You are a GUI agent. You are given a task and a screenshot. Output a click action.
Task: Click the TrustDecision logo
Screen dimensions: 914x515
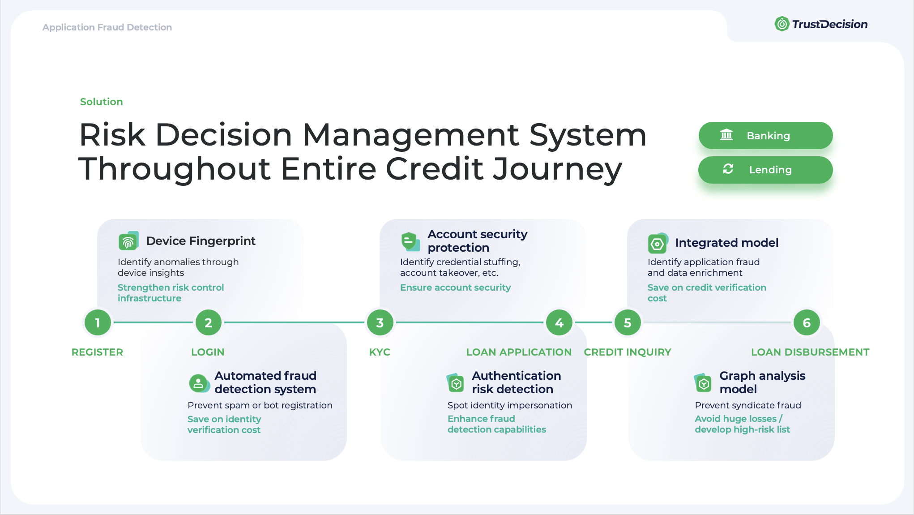[x=821, y=24]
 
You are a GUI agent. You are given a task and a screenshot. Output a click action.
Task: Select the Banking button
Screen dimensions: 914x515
[x=765, y=135]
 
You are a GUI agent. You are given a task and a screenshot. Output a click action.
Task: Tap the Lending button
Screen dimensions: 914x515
[x=765, y=170]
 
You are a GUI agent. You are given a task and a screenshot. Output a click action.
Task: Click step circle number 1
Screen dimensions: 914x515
[x=98, y=322]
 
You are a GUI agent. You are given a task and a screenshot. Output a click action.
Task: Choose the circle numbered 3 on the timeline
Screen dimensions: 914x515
[x=380, y=322]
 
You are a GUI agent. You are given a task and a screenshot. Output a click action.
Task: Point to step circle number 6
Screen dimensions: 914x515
[x=807, y=322]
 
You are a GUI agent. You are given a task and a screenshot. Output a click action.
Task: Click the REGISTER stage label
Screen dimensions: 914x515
[x=97, y=352]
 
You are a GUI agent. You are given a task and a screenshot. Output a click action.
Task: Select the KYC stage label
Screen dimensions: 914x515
[x=380, y=352]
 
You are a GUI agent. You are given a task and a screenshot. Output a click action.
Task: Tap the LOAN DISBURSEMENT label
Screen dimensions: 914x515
[x=810, y=352]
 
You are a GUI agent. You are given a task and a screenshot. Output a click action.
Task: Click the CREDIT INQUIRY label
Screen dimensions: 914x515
[x=628, y=352]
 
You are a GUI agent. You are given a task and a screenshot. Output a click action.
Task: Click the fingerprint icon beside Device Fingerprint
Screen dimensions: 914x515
[x=128, y=241]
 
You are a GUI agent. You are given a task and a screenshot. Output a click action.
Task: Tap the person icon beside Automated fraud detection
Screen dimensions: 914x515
[x=199, y=383]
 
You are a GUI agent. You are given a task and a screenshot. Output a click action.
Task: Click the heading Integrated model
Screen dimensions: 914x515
[x=726, y=243]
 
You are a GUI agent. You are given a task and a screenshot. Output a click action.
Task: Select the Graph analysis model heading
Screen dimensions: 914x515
[x=762, y=382]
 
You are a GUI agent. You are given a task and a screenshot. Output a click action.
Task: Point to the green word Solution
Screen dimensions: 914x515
[x=101, y=102]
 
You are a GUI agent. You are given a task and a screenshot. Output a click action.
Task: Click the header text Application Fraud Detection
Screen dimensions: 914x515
[x=107, y=27]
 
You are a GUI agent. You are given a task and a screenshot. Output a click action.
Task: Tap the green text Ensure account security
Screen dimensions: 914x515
[x=455, y=288]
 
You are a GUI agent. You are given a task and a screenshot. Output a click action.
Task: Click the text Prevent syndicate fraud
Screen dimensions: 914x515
[x=747, y=405]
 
